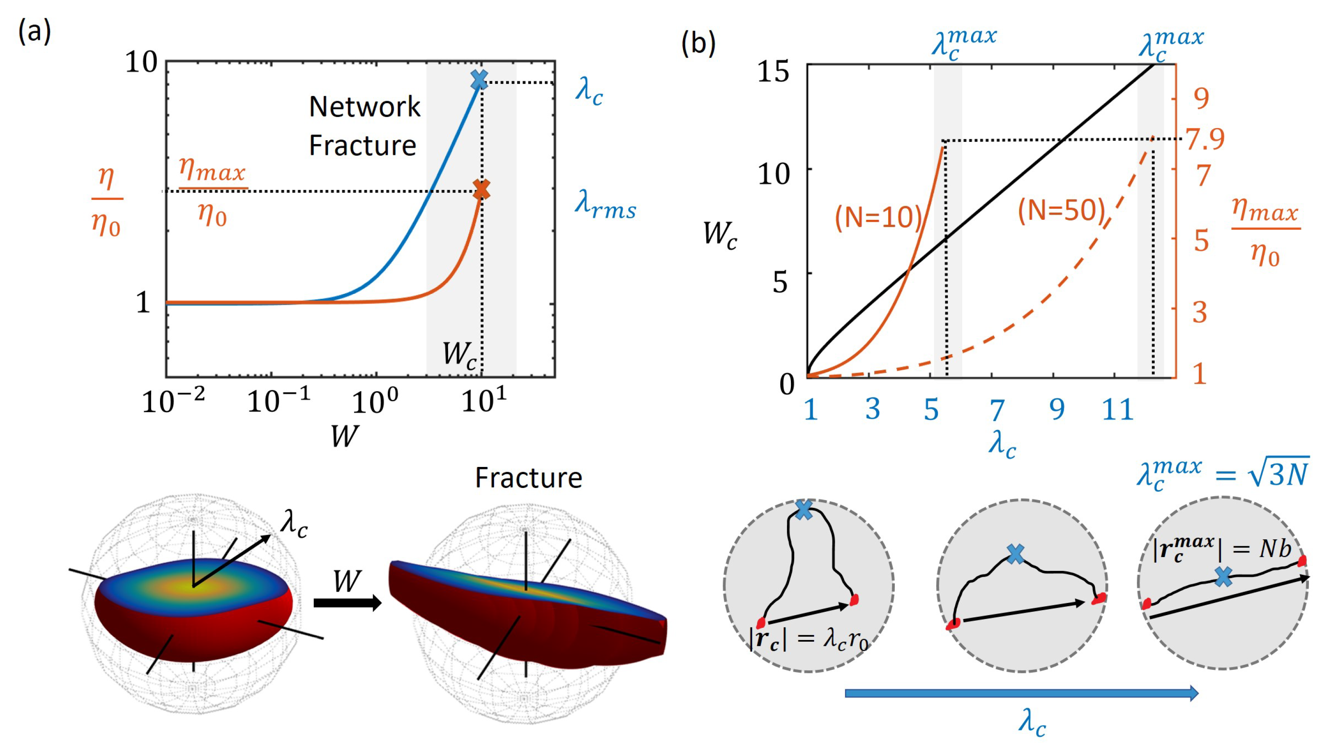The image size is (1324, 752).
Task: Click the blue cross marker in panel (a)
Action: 479,80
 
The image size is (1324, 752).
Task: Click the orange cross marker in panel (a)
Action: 481,189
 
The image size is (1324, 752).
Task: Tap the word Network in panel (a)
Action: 364,107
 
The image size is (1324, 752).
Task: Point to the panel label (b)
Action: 698,43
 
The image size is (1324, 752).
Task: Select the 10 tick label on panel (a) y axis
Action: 141,63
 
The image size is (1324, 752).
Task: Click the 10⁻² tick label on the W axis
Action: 173,400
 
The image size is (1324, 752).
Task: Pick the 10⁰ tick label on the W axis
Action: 375,400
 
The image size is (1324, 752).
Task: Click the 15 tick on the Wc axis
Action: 773,71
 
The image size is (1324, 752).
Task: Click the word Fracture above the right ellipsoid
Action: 528,478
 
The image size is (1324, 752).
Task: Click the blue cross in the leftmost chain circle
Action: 803,510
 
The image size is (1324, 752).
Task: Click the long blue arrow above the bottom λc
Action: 1021,693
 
